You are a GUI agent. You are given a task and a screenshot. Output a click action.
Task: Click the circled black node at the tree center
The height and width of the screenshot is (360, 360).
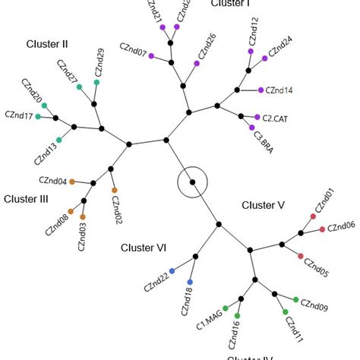[x=193, y=182]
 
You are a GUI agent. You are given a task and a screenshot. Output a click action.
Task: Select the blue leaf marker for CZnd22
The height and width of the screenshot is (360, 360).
[x=172, y=271]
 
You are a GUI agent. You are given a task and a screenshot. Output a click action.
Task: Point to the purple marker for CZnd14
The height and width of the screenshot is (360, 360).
[x=261, y=90]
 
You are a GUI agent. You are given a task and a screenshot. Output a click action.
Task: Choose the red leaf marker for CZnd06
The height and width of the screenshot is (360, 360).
[x=322, y=229]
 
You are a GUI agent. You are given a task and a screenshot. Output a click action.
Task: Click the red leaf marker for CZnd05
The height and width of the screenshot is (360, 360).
[x=301, y=255]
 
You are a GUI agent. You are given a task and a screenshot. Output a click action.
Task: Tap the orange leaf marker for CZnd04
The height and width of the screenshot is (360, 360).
[x=72, y=182]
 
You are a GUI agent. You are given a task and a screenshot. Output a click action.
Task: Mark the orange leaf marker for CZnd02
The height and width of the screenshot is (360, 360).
[x=115, y=190]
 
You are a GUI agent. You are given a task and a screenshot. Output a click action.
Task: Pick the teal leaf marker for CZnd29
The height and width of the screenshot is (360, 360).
[x=96, y=82]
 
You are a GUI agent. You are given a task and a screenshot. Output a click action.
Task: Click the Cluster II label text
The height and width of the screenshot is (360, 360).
[x=47, y=44]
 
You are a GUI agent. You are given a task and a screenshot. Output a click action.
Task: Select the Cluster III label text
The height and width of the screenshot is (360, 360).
[x=27, y=199]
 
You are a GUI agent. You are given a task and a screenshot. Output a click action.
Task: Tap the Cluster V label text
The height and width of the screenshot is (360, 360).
[x=263, y=205]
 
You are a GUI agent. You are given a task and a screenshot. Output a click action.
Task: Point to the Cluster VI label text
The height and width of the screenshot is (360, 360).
[x=144, y=248]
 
